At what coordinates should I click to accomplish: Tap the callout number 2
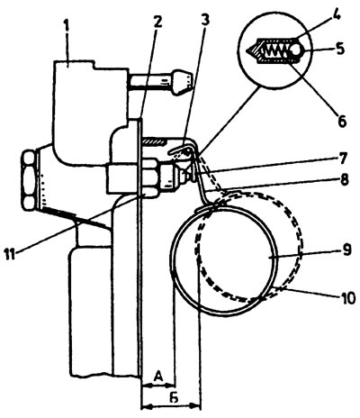[157, 22]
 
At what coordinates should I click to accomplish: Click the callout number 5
[339, 49]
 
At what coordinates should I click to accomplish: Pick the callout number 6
[341, 120]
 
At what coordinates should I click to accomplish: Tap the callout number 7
[342, 157]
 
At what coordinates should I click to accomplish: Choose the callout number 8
[343, 179]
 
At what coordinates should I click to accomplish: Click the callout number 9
[346, 250]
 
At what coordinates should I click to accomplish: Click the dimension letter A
[158, 376]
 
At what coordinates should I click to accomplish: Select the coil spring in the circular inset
[275, 50]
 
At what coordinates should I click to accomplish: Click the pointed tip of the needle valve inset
[247, 50]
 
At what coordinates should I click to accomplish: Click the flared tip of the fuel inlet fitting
[182, 82]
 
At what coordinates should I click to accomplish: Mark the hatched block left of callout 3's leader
[155, 141]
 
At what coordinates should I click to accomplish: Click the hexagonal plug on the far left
[29, 180]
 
